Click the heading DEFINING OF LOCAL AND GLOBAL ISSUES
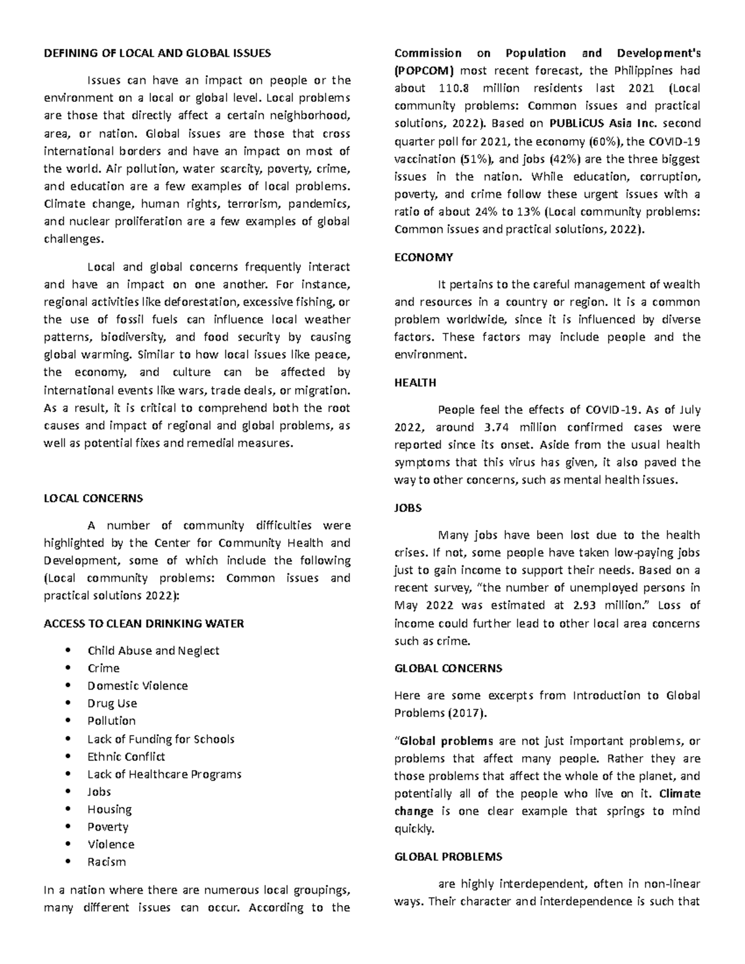tap(157, 53)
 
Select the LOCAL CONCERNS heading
tap(93, 498)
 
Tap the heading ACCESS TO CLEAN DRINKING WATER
tap(143, 623)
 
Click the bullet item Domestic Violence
tap(137, 686)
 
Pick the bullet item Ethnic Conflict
tap(126, 757)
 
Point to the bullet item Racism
tap(107, 862)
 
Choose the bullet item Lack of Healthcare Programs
tap(164, 774)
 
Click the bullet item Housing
tap(109, 809)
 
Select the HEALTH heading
tap(415, 382)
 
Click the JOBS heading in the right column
tap(408, 508)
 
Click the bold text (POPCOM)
tap(425, 70)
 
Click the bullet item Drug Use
tap(112, 703)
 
